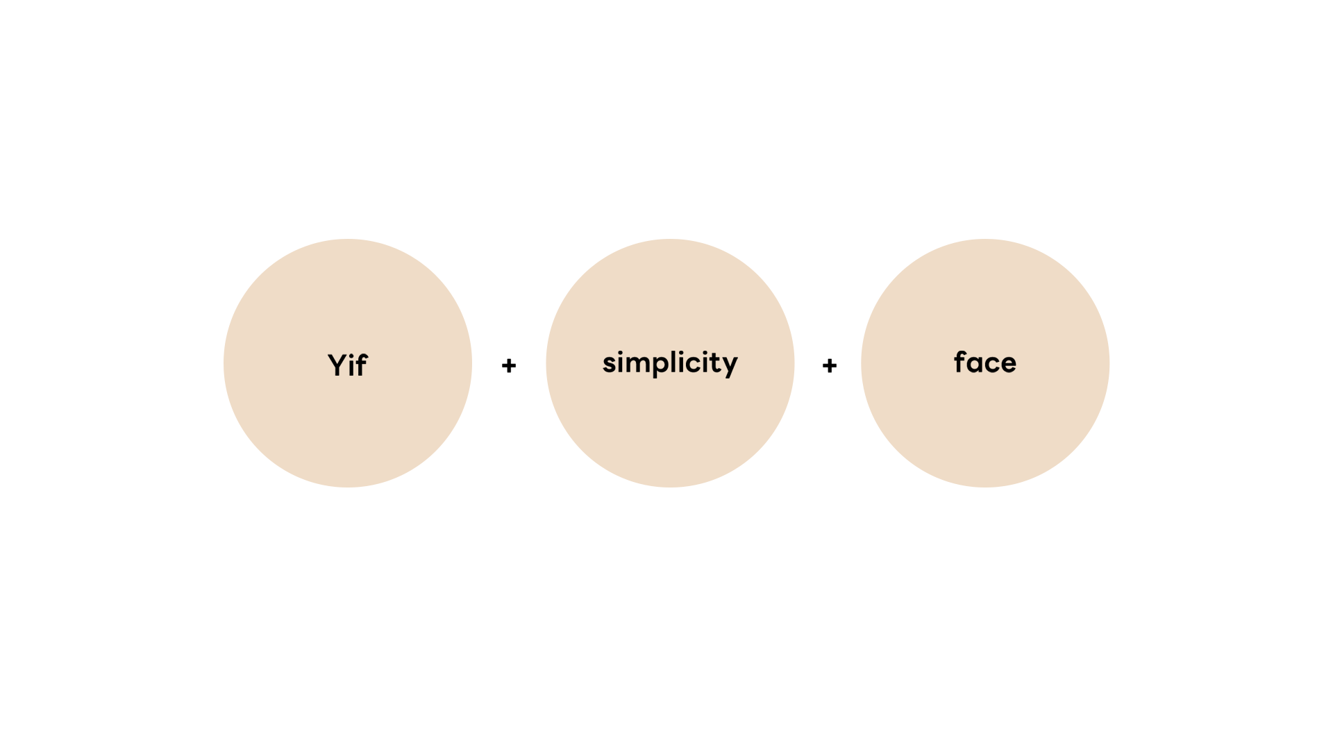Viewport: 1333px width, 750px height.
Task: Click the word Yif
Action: (347, 365)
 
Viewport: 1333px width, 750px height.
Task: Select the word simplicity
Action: (670, 362)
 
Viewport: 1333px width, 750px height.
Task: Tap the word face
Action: (984, 362)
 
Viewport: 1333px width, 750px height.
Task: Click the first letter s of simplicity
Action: (609, 363)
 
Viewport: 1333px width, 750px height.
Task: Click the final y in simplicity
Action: (730, 366)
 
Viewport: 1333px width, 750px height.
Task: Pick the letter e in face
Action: (1008, 363)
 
